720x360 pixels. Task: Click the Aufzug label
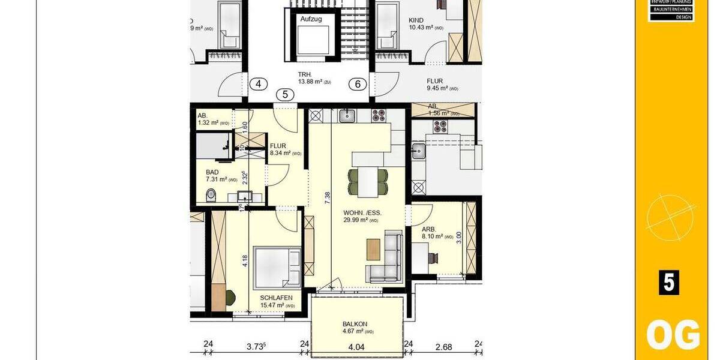pyautogui.click(x=311, y=19)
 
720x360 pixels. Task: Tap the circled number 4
pyautogui.click(x=258, y=84)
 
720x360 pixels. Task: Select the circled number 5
pyautogui.click(x=285, y=94)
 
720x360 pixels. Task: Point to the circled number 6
pyautogui.click(x=358, y=84)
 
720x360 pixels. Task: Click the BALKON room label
pyautogui.click(x=355, y=324)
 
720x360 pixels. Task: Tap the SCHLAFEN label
pyautogui.click(x=276, y=298)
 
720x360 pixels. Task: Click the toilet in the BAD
pyautogui.click(x=210, y=195)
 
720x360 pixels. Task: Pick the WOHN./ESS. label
pyautogui.click(x=362, y=213)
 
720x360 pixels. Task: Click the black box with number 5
pyautogui.click(x=669, y=283)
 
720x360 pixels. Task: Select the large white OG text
pyautogui.click(x=673, y=335)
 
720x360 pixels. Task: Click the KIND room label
pyautogui.click(x=416, y=20)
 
